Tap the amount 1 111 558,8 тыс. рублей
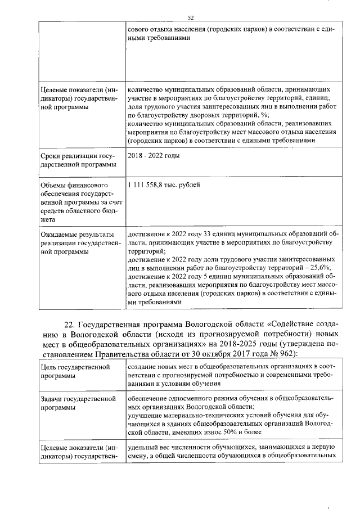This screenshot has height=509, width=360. tap(164, 184)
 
